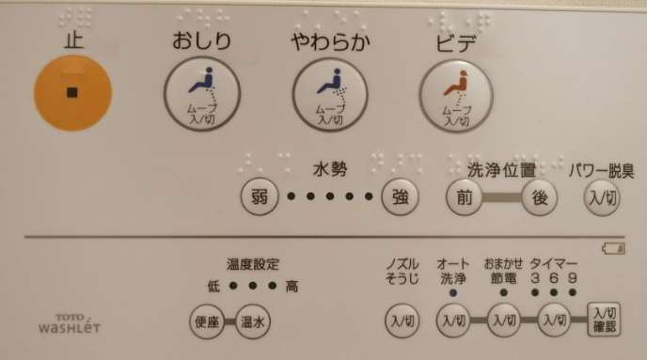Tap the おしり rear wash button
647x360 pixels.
point(202,94)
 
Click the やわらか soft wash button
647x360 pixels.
point(330,94)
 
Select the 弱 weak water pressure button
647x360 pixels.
point(260,197)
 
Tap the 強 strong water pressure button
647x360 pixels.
point(400,197)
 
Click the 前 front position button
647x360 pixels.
point(465,197)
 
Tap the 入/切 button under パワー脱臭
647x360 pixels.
point(602,198)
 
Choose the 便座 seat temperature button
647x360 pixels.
point(207,321)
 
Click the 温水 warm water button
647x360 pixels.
point(253,321)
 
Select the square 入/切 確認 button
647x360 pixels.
point(605,320)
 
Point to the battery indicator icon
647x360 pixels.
point(613,248)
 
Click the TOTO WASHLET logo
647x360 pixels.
point(70,323)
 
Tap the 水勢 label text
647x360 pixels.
point(330,169)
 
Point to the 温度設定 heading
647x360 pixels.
point(253,264)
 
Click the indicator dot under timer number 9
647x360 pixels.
point(573,292)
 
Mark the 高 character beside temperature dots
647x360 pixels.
point(292,286)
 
